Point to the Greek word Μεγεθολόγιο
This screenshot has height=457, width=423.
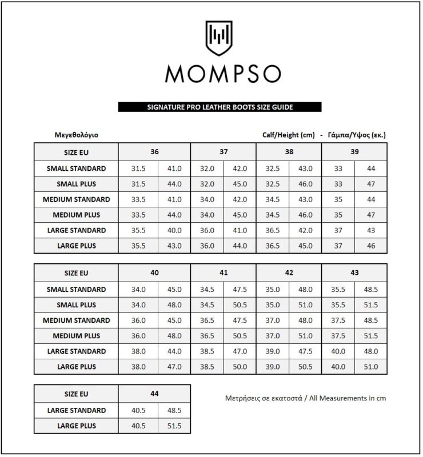(x=76, y=135)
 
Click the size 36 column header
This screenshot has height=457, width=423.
(x=154, y=153)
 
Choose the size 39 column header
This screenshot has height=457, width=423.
(x=354, y=153)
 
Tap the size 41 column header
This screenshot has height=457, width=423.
(x=223, y=273)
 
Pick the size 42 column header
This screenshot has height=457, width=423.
(x=289, y=273)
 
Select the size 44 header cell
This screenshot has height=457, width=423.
(x=154, y=394)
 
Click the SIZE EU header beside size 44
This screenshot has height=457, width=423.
(x=76, y=394)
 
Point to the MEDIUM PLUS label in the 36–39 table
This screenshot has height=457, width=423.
(x=76, y=215)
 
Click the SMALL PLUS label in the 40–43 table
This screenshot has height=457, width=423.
(x=76, y=305)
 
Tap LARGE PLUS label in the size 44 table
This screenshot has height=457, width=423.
(x=76, y=426)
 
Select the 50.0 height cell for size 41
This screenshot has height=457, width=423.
(x=240, y=367)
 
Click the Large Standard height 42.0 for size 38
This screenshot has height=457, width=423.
(x=305, y=230)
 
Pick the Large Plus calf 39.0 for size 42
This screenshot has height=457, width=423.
(x=273, y=367)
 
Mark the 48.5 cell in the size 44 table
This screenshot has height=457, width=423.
(x=174, y=410)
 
